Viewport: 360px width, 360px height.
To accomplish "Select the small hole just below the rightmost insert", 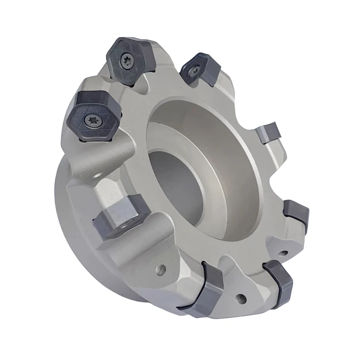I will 285,252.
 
